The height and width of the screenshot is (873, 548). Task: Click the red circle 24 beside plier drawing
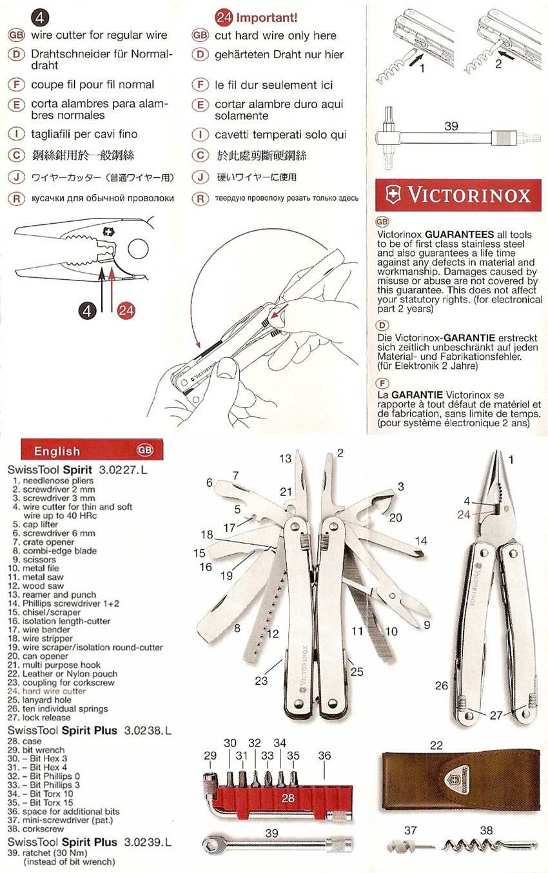(x=126, y=310)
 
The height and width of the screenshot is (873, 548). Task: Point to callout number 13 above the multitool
(x=286, y=458)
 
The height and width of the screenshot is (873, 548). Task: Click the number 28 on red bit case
(x=288, y=798)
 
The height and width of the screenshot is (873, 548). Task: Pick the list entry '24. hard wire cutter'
(x=46, y=691)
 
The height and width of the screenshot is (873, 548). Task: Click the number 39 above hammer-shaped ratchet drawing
(x=451, y=126)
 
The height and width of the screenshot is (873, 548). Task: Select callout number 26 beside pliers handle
(x=441, y=685)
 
